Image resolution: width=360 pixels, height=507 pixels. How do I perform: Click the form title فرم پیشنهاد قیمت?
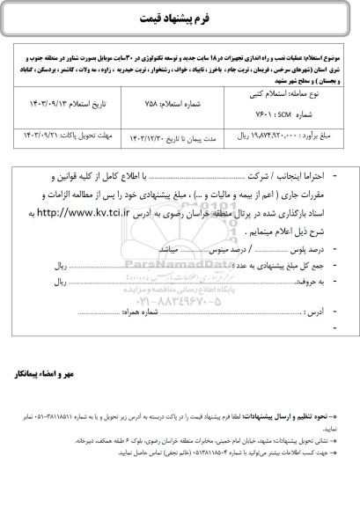coord(180,20)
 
